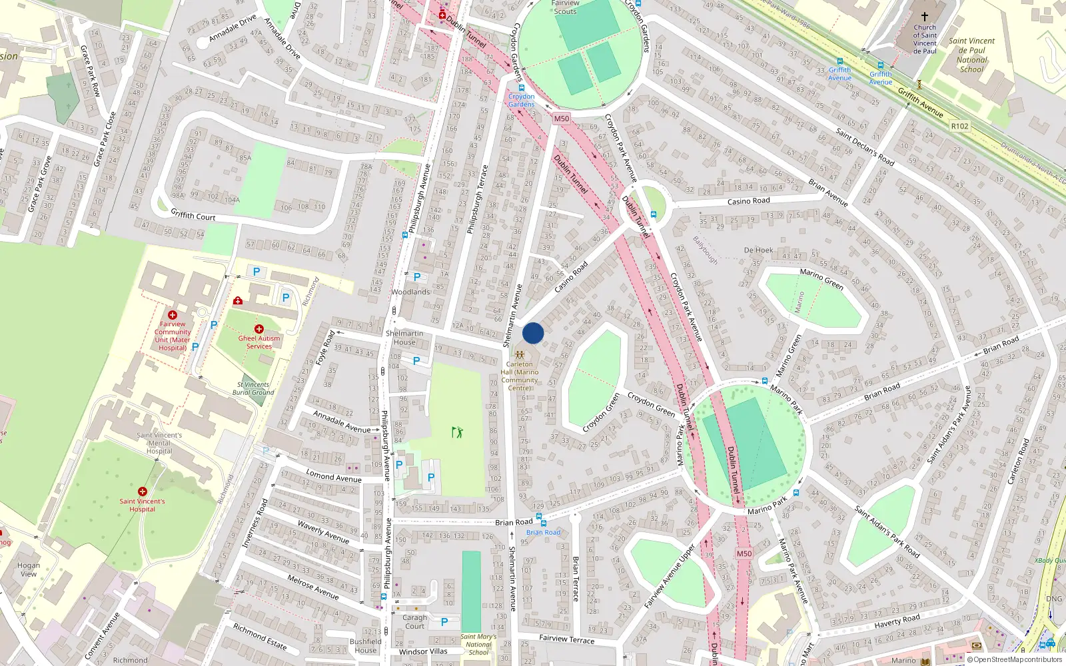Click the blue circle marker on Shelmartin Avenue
coord(533,333)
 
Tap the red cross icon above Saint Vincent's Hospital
coord(142,492)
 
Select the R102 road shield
coord(960,126)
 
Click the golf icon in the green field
coord(457,432)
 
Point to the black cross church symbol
coord(924,17)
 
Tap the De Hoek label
coord(758,250)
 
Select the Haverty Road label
coord(897,621)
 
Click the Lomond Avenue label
coord(333,476)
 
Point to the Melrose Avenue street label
coord(313,587)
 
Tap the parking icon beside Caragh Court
coord(444,622)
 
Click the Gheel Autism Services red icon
coord(259,329)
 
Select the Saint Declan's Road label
coord(865,147)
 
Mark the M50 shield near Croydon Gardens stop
coord(562,119)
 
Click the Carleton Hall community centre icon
coord(520,355)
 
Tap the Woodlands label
coord(410,292)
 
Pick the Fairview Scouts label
coord(565,7)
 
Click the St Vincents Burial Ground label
coord(253,388)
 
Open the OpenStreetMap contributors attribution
coord(1017,659)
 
